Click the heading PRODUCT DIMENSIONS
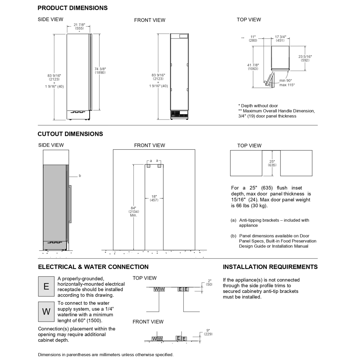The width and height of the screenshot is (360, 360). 72,8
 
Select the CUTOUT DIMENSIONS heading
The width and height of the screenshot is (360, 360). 70,134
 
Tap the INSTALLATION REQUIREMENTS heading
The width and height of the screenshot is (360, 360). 270,267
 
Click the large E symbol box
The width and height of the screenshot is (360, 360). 46,287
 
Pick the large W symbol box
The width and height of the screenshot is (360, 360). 46,312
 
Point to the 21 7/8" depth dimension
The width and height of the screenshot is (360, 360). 79,26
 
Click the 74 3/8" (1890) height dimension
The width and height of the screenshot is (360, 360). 100,71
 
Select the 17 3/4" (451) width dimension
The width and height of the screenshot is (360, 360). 280,39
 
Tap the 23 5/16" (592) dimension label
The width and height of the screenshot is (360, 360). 305,58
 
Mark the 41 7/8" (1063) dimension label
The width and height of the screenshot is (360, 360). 253,67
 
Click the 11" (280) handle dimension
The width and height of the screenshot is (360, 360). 253,39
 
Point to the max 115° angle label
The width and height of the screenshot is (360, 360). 287,85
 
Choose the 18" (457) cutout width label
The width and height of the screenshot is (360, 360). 154,198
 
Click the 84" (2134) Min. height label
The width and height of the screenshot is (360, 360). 134,211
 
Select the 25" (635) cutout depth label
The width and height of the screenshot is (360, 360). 272,163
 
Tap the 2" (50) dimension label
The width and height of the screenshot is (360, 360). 210,282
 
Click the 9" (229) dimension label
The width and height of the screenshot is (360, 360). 208,332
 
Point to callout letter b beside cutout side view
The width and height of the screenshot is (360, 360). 80,176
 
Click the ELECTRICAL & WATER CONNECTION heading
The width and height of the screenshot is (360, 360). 93,267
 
